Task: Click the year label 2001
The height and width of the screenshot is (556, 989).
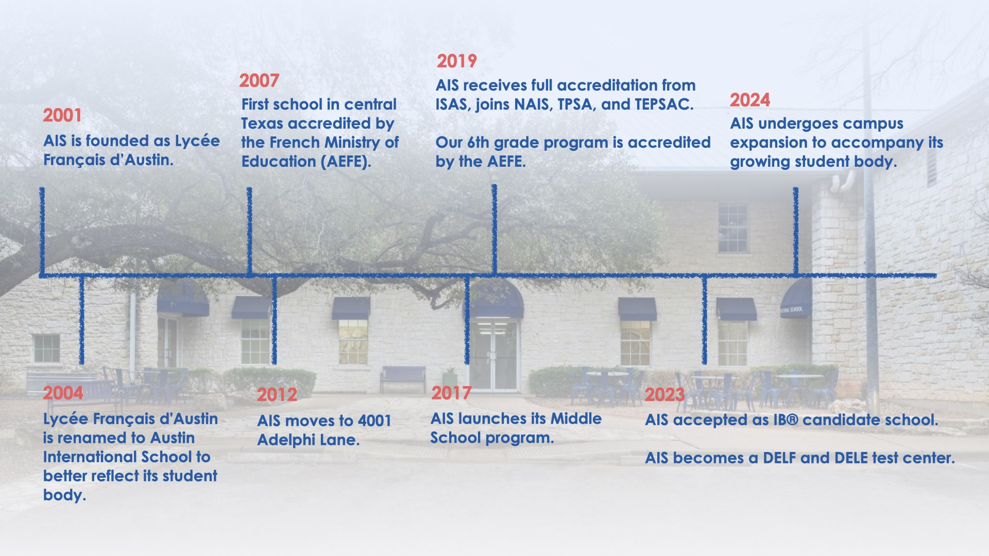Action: coord(62,115)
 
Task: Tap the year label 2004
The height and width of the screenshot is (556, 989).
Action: coord(63,393)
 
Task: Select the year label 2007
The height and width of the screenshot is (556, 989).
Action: coord(259,81)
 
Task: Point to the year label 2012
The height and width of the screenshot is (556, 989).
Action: coord(277,395)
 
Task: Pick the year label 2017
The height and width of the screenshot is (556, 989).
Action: coord(451,393)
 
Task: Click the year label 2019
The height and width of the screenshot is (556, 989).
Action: coord(457,61)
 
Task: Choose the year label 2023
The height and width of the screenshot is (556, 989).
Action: coord(665,395)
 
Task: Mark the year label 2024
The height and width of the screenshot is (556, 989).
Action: coord(750,100)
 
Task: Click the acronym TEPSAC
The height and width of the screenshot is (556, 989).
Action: coord(663,105)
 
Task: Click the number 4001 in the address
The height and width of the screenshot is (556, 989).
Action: coord(374,421)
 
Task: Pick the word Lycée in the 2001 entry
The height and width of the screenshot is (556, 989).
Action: coord(197,142)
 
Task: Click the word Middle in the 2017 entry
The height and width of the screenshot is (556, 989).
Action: coord(576,419)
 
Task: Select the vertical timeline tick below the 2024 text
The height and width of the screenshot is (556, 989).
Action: coord(796,231)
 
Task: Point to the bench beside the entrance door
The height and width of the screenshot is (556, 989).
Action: coord(403,379)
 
